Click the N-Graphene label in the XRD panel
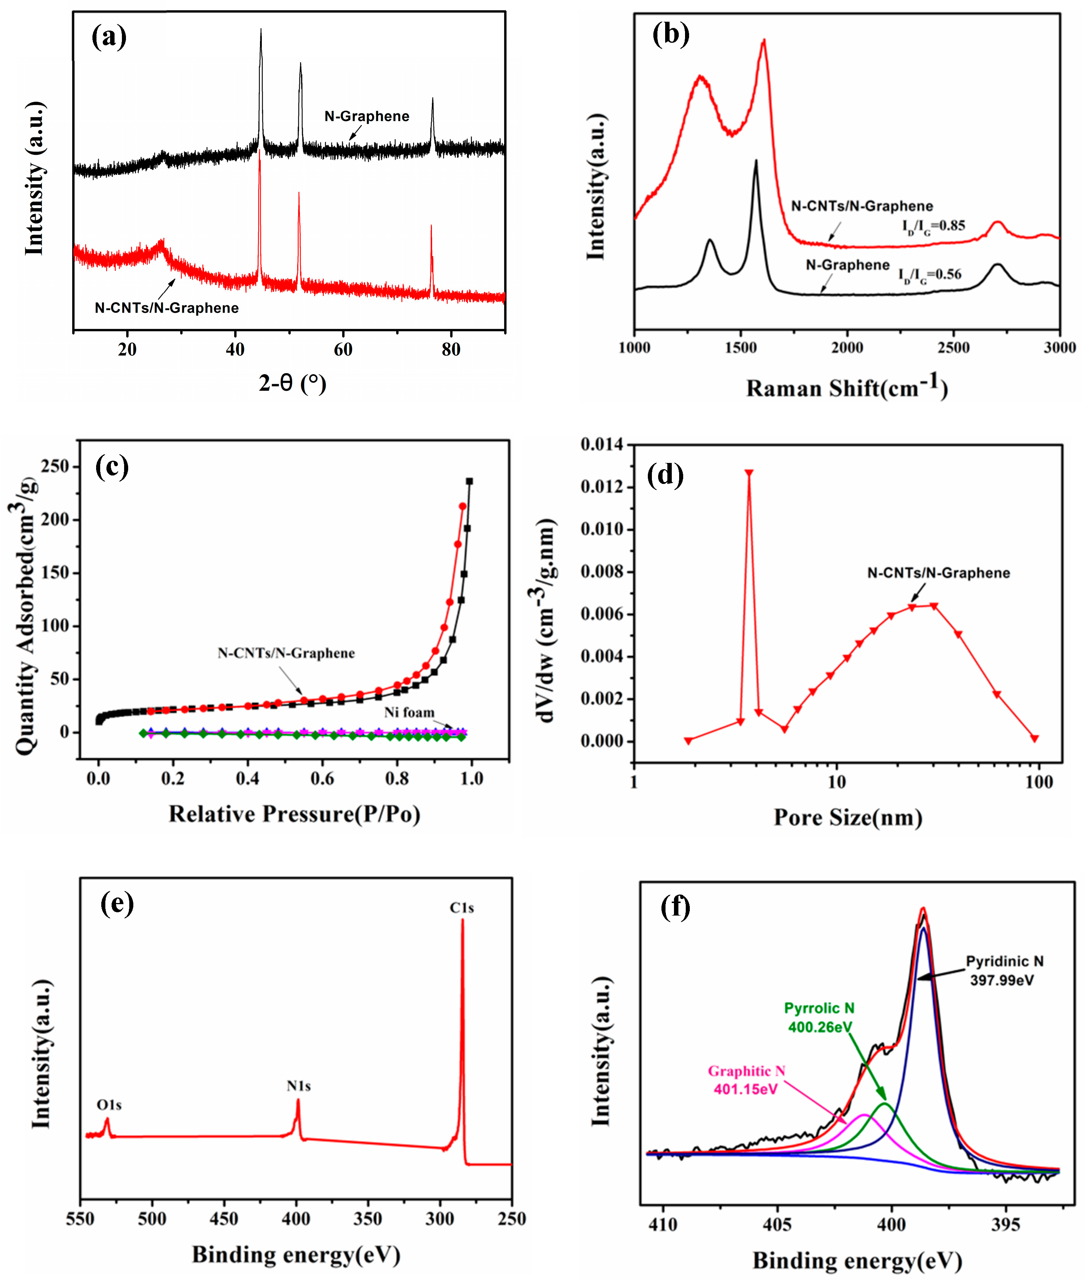click(366, 116)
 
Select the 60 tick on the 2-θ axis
click(343, 350)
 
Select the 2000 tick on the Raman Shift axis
click(847, 348)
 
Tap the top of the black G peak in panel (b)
click(756, 162)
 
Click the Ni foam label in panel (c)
click(409, 712)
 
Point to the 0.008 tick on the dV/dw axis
click(601, 572)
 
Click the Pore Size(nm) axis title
click(847, 818)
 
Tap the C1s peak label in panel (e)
click(461, 908)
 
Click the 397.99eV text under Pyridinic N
click(1002, 980)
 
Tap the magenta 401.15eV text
click(745, 1089)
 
